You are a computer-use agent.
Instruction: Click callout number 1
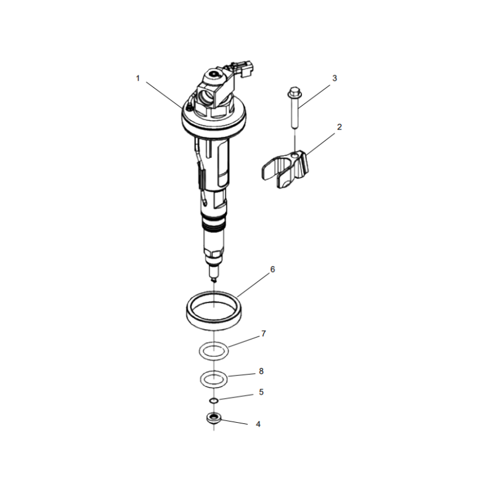pos(138,78)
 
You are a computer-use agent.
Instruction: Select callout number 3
pos(335,78)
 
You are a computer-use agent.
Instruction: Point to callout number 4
pos(259,425)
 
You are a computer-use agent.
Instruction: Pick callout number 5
pos(261,391)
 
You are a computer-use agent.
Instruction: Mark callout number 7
pos(263,333)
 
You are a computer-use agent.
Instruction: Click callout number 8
pos(261,371)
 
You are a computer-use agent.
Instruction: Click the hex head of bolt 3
pos(294,93)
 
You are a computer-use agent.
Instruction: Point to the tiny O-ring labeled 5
pos(213,401)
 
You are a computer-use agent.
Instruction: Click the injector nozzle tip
pos(213,278)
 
